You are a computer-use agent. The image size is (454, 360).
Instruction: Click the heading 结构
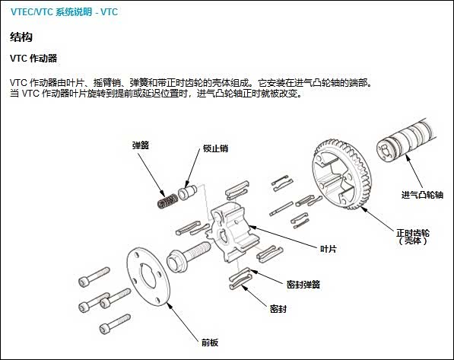click(x=21, y=37)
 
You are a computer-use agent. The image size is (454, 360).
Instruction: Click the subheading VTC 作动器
click(x=34, y=58)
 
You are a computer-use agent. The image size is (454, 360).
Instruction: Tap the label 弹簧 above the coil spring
click(x=141, y=145)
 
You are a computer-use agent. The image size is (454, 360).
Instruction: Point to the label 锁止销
click(x=215, y=149)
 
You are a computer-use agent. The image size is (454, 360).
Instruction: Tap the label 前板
click(x=210, y=343)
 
